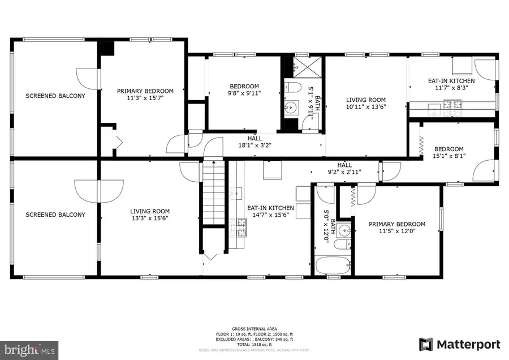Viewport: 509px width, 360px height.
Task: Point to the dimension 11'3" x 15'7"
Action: tap(145, 98)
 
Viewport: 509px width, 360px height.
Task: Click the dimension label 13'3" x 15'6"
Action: tap(149, 218)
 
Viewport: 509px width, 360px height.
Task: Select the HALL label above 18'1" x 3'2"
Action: tap(255, 138)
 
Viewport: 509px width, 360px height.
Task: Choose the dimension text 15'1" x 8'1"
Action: tap(450, 156)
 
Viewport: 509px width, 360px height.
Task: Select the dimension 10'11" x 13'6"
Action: tap(366, 106)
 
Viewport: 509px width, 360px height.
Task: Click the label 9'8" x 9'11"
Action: tap(244, 93)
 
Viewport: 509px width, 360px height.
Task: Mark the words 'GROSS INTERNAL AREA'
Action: tap(255, 328)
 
